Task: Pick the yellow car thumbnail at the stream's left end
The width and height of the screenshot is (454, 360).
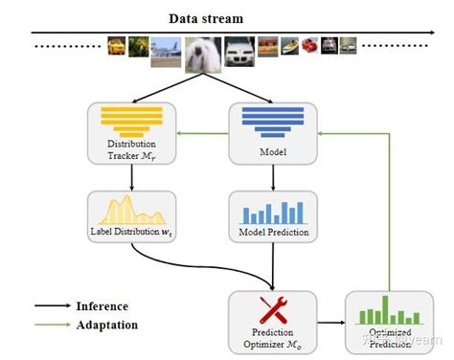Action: pos(116,45)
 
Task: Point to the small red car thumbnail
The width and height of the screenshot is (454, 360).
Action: pos(309,45)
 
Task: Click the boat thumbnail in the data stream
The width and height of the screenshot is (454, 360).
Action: pos(268,45)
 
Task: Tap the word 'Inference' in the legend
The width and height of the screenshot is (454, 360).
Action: pos(102,306)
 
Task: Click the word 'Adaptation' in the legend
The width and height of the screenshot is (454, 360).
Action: pos(106,325)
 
